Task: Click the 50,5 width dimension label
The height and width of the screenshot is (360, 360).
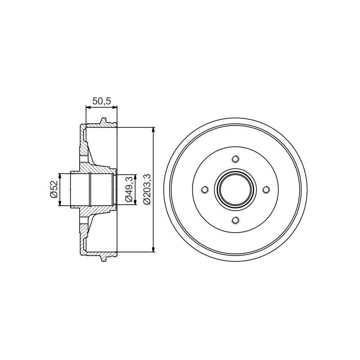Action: coord(102,101)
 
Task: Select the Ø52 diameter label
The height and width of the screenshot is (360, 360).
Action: coord(54,189)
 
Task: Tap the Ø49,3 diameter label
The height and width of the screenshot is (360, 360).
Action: coord(129,189)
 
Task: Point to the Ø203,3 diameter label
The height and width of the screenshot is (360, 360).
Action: coord(147,189)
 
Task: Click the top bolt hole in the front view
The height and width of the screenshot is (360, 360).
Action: coord(235,159)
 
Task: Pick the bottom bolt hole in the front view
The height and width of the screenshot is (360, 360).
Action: coord(235,220)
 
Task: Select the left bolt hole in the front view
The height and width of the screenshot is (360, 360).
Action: coord(205,189)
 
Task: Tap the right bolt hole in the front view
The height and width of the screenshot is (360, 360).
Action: coord(266,189)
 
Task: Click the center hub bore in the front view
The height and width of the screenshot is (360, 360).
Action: coord(235,189)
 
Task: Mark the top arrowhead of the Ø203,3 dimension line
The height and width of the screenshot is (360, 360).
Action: coord(153,130)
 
